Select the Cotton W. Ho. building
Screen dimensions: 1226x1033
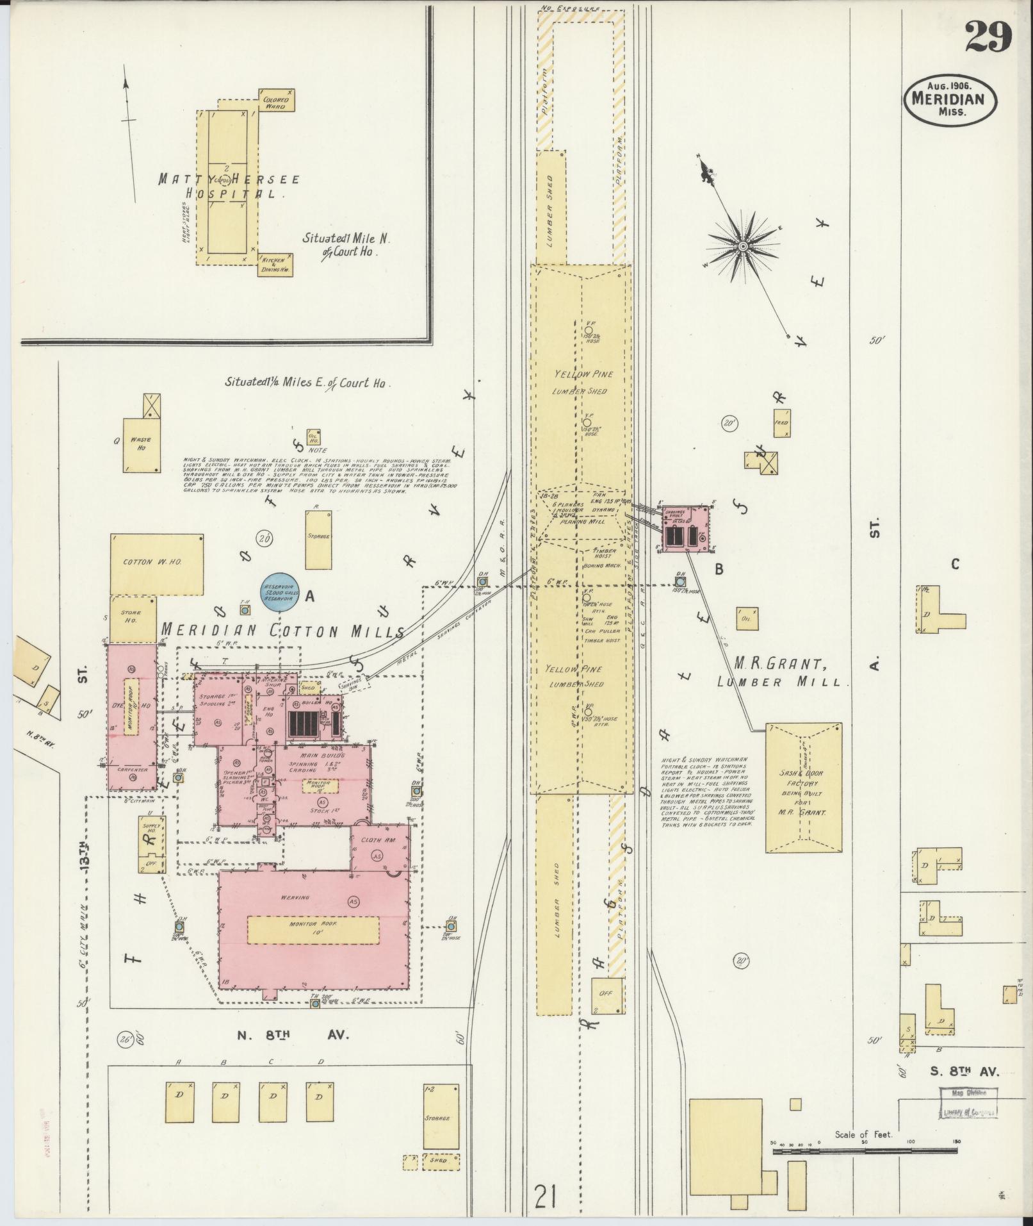point(157,563)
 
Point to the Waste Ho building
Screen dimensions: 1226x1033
point(141,445)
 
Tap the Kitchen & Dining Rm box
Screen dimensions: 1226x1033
point(275,264)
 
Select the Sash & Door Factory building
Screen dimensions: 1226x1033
point(803,788)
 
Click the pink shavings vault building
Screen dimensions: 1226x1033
point(685,529)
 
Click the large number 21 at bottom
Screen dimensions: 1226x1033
point(546,1196)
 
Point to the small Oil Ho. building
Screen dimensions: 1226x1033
point(313,437)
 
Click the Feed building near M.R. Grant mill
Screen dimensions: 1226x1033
point(781,424)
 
